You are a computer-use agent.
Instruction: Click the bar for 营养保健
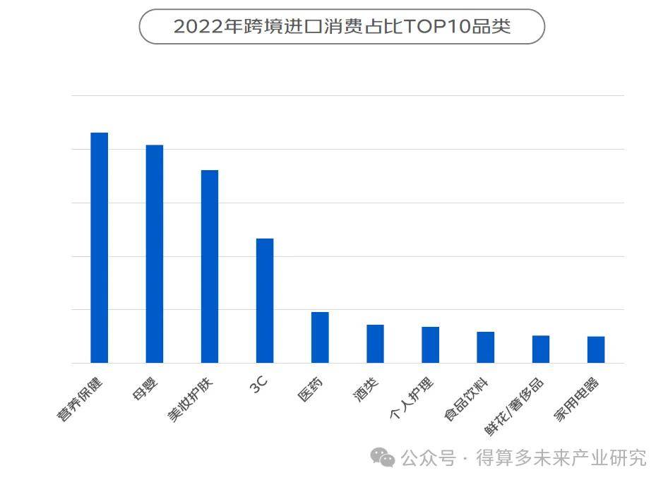tap(100, 248)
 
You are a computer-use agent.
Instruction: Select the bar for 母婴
tap(155, 254)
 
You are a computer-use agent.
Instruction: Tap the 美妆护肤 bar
tap(210, 267)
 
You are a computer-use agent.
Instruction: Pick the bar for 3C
tap(265, 301)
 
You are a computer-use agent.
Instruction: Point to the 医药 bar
tap(320, 337)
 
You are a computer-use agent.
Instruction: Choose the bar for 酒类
tap(375, 344)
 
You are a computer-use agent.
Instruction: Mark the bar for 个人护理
tap(430, 345)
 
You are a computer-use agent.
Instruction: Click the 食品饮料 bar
tap(486, 347)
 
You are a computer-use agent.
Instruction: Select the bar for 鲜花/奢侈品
tap(541, 349)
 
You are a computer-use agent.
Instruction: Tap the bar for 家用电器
tap(596, 350)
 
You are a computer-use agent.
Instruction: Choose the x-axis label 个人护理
tap(412, 400)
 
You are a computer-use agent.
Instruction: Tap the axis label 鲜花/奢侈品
tap(514, 408)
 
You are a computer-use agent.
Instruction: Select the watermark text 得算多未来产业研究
tap(561, 458)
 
